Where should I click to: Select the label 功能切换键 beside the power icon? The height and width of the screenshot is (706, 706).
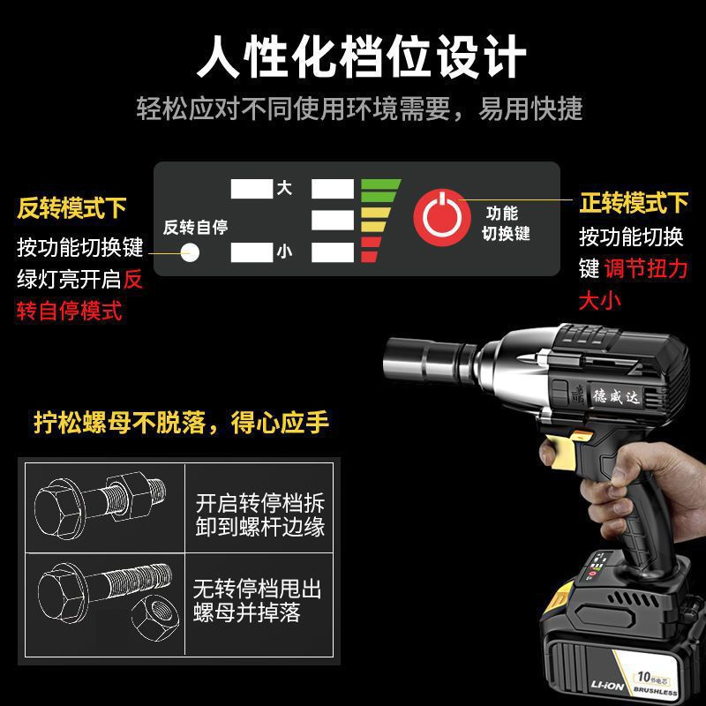(x=505, y=223)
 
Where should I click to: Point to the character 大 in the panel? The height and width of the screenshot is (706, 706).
(x=284, y=188)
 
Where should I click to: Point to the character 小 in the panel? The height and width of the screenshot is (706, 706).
(x=284, y=252)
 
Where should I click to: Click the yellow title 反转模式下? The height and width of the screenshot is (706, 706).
(x=72, y=209)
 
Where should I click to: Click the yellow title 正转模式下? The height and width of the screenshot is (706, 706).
(x=634, y=203)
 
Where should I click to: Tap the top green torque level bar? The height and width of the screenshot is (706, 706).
(x=380, y=187)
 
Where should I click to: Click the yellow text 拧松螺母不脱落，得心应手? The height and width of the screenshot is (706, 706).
(x=180, y=423)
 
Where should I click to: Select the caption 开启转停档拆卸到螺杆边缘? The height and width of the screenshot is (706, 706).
(x=259, y=516)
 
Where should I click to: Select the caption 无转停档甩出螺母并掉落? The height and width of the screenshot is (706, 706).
(x=259, y=600)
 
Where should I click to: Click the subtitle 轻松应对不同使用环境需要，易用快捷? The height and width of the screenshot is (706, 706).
(x=359, y=109)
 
